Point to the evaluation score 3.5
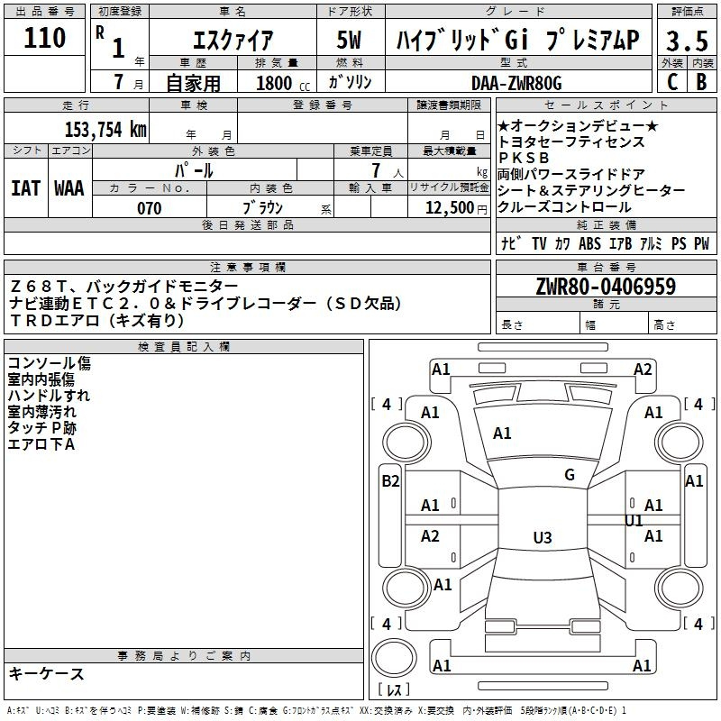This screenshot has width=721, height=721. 685,41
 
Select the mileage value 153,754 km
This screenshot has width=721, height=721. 106,129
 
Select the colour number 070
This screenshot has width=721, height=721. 149,208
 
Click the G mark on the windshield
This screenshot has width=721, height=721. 570,475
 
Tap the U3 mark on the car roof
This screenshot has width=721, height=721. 542,538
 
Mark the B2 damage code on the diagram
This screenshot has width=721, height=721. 390,481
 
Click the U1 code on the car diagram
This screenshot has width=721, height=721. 634,521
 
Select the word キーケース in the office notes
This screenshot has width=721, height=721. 47,673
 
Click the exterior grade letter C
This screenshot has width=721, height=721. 671,81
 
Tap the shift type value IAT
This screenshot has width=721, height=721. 25,188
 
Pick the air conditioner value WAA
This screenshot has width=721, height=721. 69,188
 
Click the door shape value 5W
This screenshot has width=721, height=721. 351,41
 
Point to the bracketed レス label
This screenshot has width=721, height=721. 395,690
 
